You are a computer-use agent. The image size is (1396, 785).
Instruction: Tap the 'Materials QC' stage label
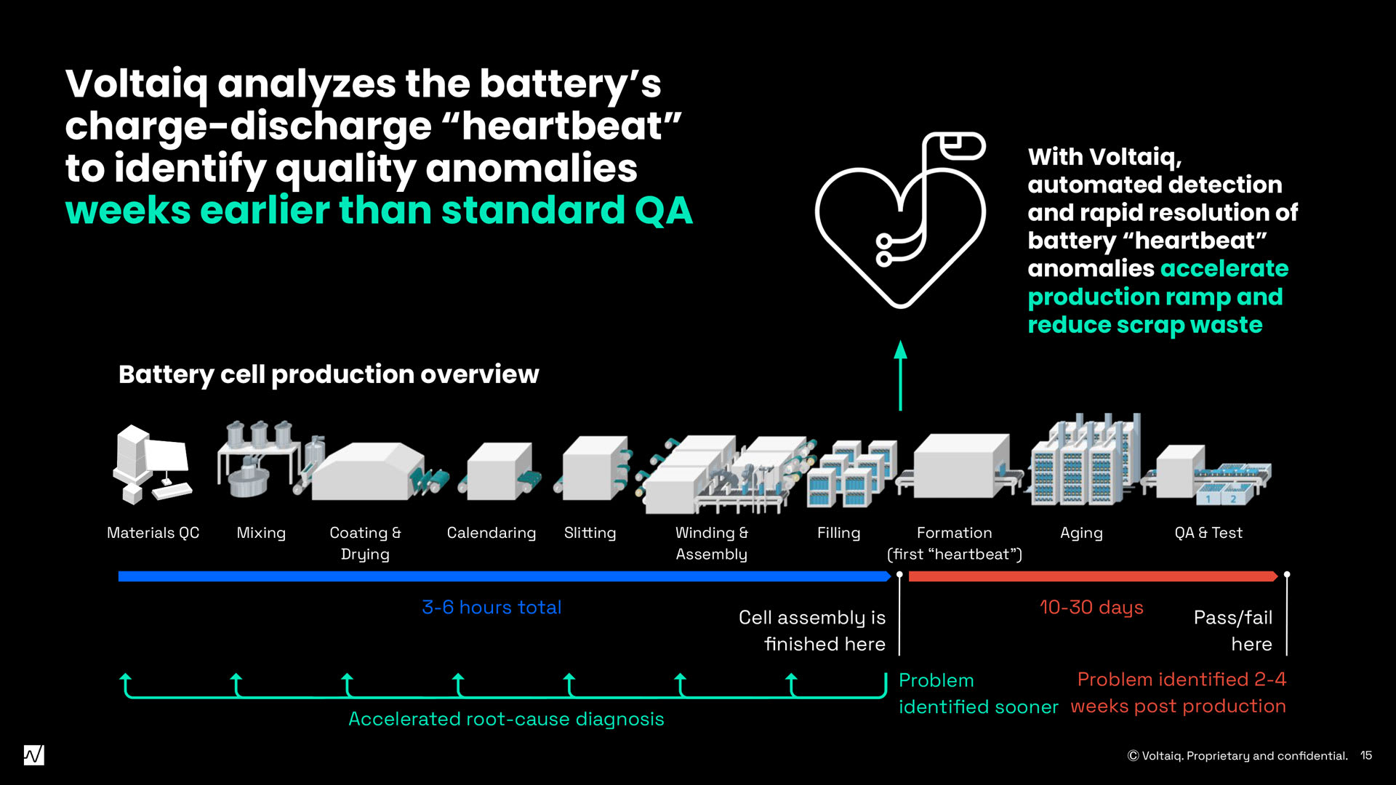pos(153,533)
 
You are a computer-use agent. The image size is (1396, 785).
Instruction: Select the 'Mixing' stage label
pos(261,533)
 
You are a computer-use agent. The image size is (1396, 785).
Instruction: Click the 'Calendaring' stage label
pos(492,533)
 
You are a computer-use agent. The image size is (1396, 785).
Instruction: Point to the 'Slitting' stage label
pos(590,533)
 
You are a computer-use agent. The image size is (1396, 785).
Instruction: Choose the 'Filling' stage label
pos(838,533)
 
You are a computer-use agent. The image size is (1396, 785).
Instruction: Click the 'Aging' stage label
pos(1081,533)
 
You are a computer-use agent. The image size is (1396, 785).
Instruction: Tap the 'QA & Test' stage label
pos(1208,533)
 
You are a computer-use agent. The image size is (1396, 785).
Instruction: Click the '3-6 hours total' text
pos(492,607)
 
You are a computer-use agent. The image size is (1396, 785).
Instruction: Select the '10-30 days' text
pos(1091,607)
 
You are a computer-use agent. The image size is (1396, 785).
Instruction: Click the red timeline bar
pos(1091,576)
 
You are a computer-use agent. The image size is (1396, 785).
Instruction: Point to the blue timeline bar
pos(502,576)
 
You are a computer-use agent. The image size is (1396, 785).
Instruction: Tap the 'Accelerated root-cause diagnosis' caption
pos(506,719)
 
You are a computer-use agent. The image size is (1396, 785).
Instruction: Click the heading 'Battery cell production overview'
pos(329,374)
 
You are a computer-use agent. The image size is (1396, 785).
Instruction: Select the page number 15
pos(1366,755)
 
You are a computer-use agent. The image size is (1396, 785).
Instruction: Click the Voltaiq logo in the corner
pos(33,755)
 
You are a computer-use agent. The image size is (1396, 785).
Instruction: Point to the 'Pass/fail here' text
pos(1233,630)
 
